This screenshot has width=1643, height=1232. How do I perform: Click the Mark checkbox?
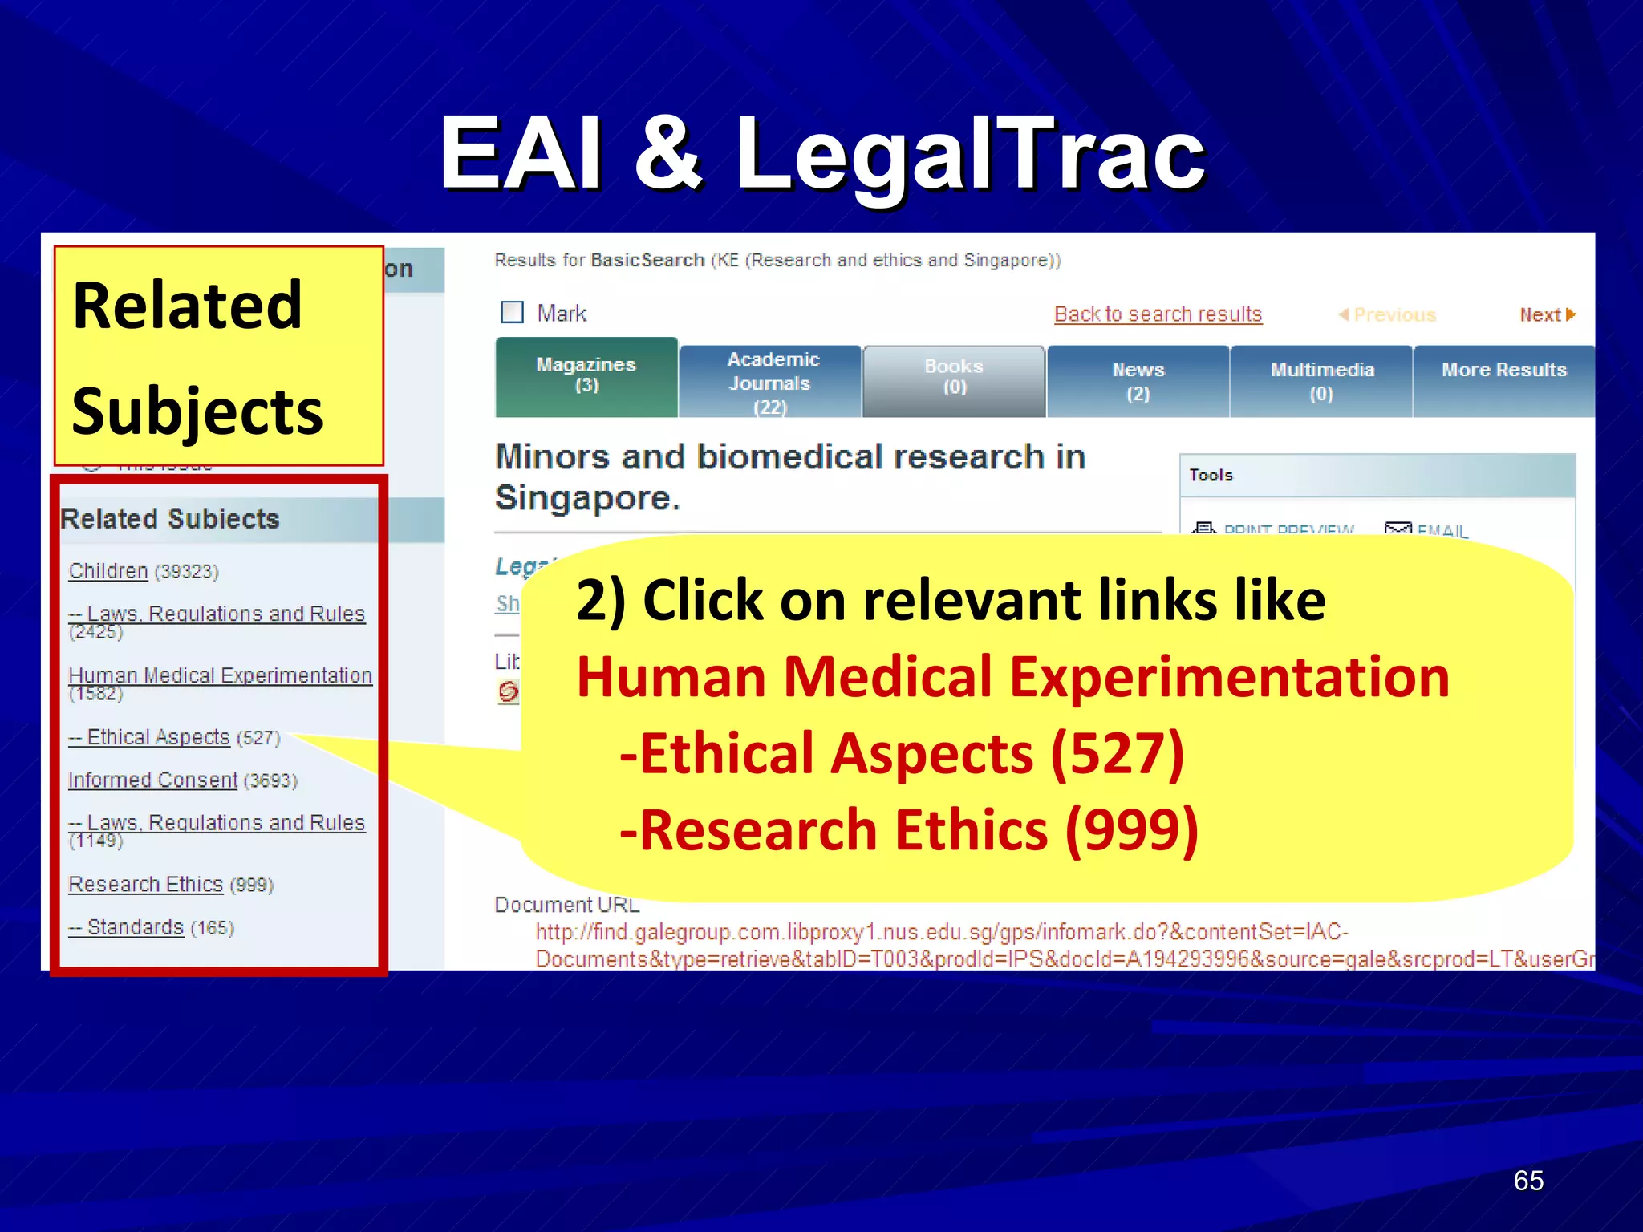[512, 312]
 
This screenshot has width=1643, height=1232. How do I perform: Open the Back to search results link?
[1158, 314]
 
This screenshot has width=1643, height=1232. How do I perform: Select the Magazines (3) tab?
[586, 375]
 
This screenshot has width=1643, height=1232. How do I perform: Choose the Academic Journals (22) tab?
[771, 382]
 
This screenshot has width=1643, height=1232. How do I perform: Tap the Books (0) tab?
[954, 377]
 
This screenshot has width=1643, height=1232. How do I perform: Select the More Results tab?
[1503, 371]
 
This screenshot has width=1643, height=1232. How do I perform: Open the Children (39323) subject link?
[108, 571]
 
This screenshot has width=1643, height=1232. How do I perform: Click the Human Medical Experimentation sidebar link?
[220, 675]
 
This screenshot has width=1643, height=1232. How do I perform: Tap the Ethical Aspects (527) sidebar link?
[158, 737]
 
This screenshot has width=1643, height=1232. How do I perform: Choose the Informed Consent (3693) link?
[152, 780]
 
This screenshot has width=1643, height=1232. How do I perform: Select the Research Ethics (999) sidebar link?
[145, 884]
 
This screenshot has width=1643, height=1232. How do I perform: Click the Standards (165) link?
[136, 927]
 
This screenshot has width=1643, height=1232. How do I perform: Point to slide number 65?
[1527, 1181]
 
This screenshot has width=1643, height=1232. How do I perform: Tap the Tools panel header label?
[1211, 475]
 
